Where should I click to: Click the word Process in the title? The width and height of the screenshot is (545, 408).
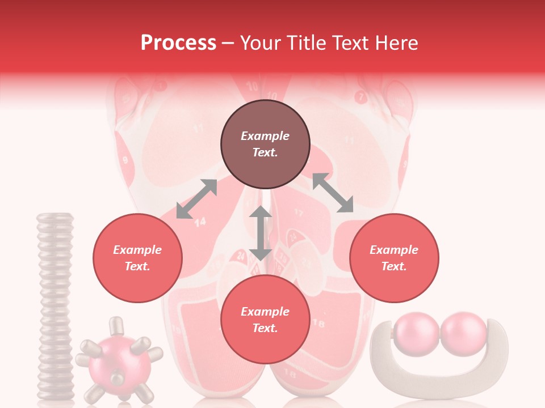pos(178,43)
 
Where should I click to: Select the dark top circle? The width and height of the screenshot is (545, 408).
pos(265,144)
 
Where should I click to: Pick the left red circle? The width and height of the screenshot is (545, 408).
pos(137,258)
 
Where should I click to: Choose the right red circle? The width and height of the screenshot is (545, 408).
pos(394,258)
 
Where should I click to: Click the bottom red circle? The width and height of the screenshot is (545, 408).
pos(265,320)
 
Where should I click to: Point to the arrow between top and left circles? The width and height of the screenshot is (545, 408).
pos(196,199)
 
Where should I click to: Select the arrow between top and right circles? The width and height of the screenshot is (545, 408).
pos(333,193)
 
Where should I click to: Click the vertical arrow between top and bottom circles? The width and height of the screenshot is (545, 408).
pos(261,233)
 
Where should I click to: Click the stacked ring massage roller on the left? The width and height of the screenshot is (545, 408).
pos(55,306)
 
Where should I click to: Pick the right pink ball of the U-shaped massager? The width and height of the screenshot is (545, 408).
pos(463,333)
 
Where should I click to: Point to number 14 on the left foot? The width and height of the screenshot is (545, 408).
pos(200,222)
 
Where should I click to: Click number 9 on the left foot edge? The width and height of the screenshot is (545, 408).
pos(125,160)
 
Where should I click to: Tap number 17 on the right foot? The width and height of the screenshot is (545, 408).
pos(299,214)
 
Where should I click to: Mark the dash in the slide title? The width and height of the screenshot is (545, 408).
pos(228,43)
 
